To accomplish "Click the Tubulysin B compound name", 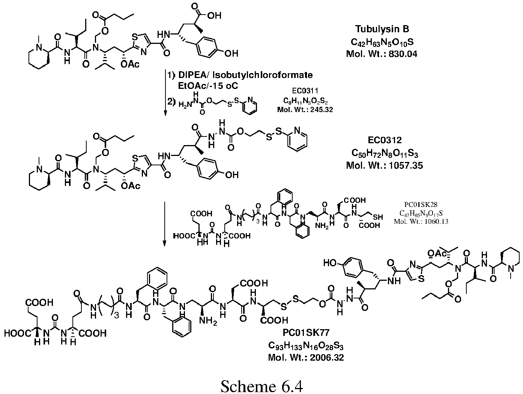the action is coord(382,29).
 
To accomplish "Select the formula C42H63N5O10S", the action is coord(382,42).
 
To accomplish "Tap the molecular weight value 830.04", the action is coord(403,54).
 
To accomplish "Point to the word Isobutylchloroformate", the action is coord(263,75).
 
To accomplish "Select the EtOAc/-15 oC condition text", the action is coord(208,86).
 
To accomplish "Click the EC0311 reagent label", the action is coord(305,91).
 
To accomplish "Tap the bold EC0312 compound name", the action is coord(385,140).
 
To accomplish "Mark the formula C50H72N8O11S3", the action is coord(385,153).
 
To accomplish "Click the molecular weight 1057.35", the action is coord(406,165).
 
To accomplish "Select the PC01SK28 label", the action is coord(421,205).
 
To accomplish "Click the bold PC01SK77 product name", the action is coord(306,333).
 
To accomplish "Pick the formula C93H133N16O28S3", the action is coord(306,346).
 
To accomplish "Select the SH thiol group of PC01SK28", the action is coord(378,217).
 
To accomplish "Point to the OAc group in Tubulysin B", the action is coord(130,64).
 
